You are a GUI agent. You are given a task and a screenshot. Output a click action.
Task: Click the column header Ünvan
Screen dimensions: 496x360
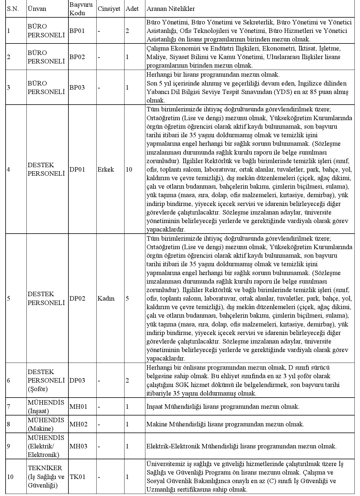[x=37, y=9]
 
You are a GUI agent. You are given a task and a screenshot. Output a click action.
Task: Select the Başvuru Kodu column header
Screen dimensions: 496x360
[x=81, y=9]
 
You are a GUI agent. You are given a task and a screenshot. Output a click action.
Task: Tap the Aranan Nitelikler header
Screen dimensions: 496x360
[x=171, y=9]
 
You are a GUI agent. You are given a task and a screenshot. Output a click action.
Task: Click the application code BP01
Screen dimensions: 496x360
[x=77, y=31]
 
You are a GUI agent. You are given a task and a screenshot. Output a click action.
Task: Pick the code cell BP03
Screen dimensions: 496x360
[x=77, y=88]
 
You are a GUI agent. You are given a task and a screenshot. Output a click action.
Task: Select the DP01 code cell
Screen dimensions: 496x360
[x=77, y=170]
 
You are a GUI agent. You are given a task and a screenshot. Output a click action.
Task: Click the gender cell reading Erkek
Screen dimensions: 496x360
[x=106, y=170]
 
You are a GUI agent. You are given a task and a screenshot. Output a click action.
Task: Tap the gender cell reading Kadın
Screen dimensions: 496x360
[x=106, y=299]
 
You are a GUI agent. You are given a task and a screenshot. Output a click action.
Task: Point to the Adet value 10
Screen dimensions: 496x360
[x=129, y=170]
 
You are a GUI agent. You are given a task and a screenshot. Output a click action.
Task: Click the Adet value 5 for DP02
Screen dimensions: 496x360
[x=127, y=299]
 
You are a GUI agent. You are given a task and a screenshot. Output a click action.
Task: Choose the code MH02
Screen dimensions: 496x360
[x=78, y=424]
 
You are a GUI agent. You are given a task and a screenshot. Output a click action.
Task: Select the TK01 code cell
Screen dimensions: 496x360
[x=78, y=477]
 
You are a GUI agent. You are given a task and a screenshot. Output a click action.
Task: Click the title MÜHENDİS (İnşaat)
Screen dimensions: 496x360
[x=46, y=407]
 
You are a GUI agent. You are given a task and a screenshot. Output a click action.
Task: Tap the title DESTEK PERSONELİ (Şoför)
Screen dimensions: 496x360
[x=46, y=381]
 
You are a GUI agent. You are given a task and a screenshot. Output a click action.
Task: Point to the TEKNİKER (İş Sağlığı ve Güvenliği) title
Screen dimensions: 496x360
[x=46, y=477]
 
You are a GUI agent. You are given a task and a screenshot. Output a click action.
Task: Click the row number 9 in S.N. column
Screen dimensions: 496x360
[x=9, y=446]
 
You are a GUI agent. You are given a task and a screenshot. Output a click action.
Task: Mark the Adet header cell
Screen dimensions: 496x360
[x=132, y=9]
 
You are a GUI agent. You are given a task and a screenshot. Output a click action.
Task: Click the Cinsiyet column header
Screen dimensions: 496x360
[x=109, y=9]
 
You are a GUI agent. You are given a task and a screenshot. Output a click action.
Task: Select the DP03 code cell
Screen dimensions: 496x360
[x=77, y=381]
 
